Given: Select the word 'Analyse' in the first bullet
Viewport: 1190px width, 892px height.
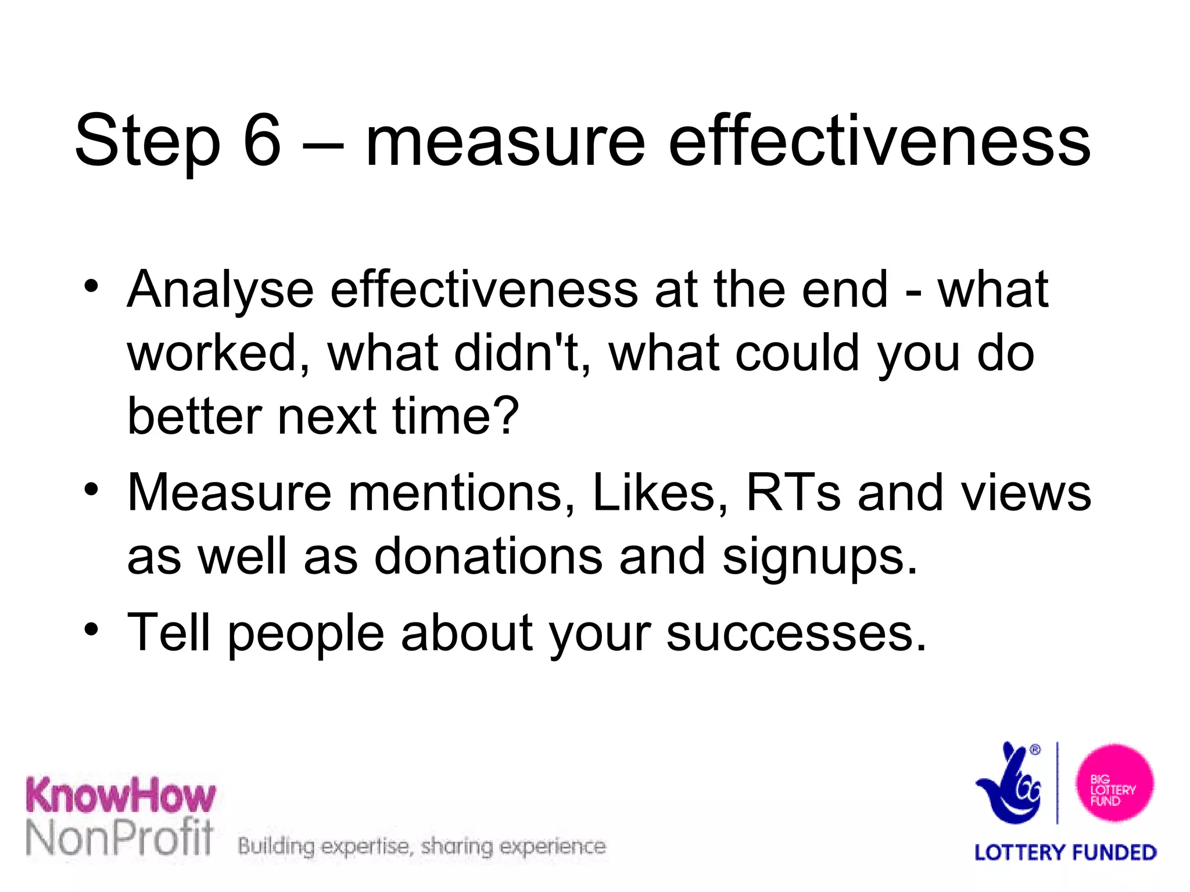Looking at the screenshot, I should (x=221, y=290).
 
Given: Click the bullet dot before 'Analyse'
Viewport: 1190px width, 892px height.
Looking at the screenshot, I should (x=91, y=286).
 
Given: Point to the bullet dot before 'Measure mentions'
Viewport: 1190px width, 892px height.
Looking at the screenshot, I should (x=91, y=489).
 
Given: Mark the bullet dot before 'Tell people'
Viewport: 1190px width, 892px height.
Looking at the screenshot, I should (x=91, y=629).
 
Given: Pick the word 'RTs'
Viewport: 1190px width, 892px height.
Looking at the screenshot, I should (x=793, y=492).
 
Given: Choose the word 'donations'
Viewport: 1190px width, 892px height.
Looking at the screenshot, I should (x=488, y=556).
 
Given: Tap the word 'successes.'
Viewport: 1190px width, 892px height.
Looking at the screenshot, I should (x=796, y=633).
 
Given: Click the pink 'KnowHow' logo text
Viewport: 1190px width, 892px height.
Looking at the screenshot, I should (x=120, y=796).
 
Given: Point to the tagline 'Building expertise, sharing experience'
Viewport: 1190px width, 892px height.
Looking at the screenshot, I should (x=422, y=847).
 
